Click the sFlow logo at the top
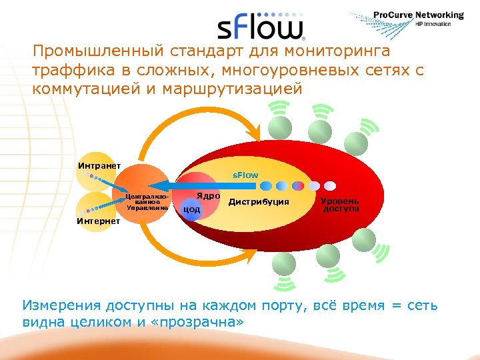pyautogui.click(x=260, y=27)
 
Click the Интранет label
pyautogui.click(x=99, y=165)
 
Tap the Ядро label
pyautogui.click(x=209, y=195)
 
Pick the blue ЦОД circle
pyautogui.click(x=192, y=209)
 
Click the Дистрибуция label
pyautogui.click(x=259, y=201)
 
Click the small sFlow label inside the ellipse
pyautogui.click(x=245, y=175)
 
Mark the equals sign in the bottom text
pyautogui.click(x=397, y=305)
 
